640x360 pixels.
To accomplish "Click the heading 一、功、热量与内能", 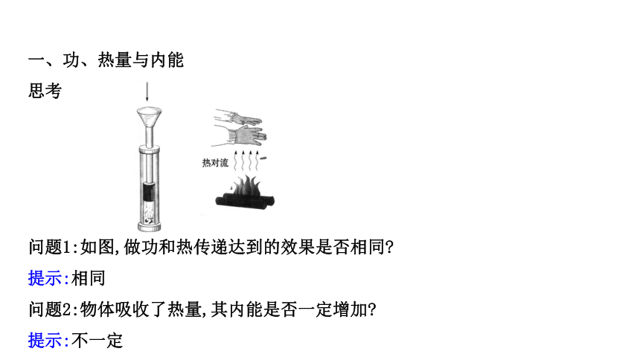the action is click(106, 60).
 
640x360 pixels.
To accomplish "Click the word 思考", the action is click(45, 91).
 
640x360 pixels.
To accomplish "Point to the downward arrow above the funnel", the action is click(147, 91).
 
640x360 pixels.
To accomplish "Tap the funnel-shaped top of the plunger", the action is click(150, 117).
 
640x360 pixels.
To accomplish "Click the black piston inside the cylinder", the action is click(150, 191).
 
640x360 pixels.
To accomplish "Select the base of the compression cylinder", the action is click(150, 226).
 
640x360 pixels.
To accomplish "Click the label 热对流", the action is click(215, 163).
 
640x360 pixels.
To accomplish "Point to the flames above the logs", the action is click(245, 186).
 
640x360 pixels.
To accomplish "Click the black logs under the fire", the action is click(245, 201).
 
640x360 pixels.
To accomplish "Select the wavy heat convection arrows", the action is click(246, 161).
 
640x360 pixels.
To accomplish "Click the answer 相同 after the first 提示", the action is click(89, 278).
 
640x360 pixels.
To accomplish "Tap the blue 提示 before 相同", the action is click(45, 278).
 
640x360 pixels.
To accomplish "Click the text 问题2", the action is click(50, 309).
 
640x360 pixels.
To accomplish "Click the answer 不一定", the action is click(97, 341).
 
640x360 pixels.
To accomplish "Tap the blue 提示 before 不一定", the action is click(45, 341).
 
